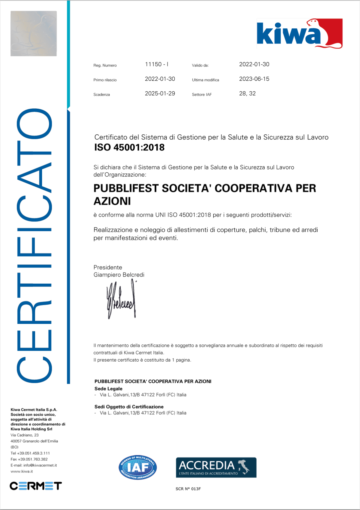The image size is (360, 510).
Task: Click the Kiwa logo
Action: click(x=299, y=34)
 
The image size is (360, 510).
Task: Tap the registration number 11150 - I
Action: click(x=157, y=64)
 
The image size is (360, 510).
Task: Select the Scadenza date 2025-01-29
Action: click(x=160, y=93)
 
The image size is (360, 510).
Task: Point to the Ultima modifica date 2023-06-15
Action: click(x=254, y=79)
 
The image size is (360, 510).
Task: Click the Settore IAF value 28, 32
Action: click(x=247, y=93)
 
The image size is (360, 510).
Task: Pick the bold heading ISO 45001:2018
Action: click(x=129, y=148)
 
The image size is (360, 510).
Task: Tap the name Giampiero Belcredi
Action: click(x=119, y=275)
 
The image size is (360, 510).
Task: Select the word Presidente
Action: click(x=108, y=267)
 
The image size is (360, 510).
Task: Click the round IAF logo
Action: click(x=138, y=468)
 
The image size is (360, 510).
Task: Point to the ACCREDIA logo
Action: click(x=216, y=467)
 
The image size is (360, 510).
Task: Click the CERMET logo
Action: click(x=36, y=486)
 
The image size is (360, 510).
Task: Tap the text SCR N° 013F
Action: click(x=188, y=489)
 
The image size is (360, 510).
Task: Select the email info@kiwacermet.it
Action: click(x=40, y=465)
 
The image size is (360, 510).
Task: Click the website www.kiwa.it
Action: click(x=22, y=471)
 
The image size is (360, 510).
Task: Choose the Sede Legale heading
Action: click(x=108, y=389)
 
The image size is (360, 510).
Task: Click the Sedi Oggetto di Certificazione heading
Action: click(x=129, y=407)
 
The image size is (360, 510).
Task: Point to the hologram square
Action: click(x=34, y=34)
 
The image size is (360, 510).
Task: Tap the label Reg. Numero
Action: click(x=105, y=65)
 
